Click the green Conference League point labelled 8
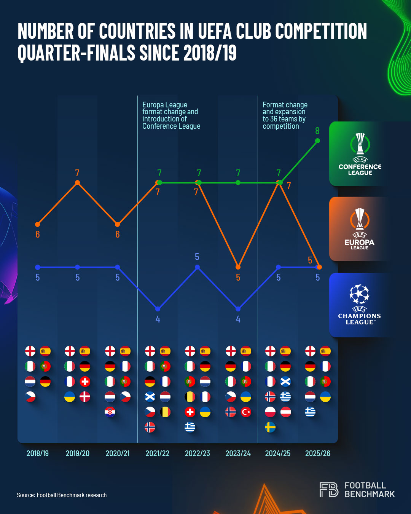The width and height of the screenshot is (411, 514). pyautogui.click(x=318, y=141)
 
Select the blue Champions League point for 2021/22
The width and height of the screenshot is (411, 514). pyautogui.click(x=158, y=309)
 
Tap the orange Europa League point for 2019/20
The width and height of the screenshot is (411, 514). pyautogui.click(x=78, y=183)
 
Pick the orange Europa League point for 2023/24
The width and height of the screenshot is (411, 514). pyautogui.click(x=238, y=267)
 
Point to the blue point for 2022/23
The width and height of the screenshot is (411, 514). pyautogui.click(x=197, y=267)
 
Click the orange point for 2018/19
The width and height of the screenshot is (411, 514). pyautogui.click(x=37, y=225)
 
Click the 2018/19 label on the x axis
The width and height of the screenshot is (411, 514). pyautogui.click(x=37, y=453)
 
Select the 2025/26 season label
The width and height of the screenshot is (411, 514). pyautogui.click(x=318, y=453)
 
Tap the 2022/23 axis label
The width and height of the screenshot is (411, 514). pyautogui.click(x=197, y=453)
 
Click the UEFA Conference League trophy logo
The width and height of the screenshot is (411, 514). pyautogui.click(x=360, y=144)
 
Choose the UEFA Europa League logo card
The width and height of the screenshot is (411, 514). pyautogui.click(x=360, y=229)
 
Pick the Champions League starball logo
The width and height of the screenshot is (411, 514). pyautogui.click(x=359, y=294)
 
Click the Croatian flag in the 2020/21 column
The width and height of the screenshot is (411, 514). pyautogui.click(x=110, y=412)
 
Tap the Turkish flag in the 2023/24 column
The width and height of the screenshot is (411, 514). pyautogui.click(x=246, y=412)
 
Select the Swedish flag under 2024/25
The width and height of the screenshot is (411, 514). pyautogui.click(x=270, y=427)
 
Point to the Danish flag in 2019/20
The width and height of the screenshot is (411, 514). pyautogui.click(x=85, y=397)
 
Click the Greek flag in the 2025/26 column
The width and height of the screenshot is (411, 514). pyautogui.click(x=310, y=412)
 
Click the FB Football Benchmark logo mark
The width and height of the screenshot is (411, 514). pyautogui.click(x=329, y=490)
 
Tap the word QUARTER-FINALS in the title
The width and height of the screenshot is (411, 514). pyautogui.click(x=76, y=53)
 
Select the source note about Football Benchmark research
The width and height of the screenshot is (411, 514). pyautogui.click(x=62, y=495)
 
